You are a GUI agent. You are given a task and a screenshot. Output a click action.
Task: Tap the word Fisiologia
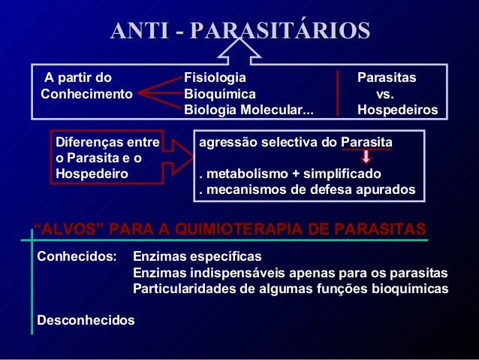point(215,77)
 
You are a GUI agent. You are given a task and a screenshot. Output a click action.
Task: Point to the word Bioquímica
point(220,94)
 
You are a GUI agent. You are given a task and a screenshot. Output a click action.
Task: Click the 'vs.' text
point(385,94)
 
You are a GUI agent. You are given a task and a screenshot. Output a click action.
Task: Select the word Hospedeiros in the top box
point(397,110)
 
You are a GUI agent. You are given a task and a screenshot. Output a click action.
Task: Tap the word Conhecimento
point(86,94)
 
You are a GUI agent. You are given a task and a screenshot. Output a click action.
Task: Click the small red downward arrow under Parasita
point(366,157)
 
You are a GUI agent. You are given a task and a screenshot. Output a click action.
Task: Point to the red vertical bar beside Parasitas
point(339,94)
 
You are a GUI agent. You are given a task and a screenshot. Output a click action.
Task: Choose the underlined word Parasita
point(366,142)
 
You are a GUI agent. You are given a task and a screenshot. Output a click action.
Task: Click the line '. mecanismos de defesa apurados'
point(306,189)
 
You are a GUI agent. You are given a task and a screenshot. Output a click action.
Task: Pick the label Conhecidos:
point(77,256)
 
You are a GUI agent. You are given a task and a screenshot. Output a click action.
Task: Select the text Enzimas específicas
point(197,256)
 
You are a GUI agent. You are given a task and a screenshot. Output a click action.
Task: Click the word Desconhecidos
point(86,321)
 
